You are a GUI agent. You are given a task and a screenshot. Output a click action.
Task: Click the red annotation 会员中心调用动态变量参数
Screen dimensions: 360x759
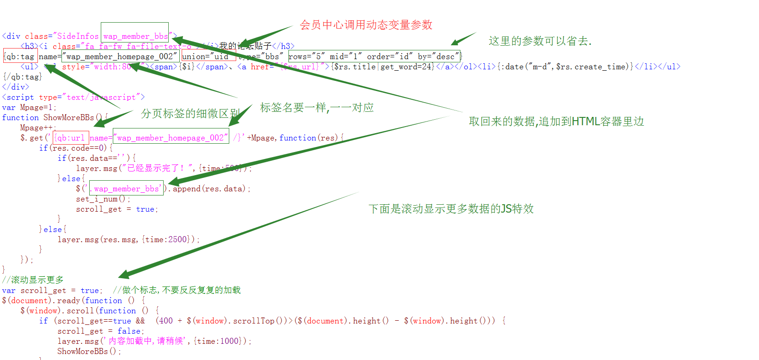[366, 25]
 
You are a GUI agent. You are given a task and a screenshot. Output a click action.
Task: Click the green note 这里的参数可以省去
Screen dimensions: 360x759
[540, 41]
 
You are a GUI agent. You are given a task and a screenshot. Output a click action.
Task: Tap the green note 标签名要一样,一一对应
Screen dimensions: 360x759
[317, 108]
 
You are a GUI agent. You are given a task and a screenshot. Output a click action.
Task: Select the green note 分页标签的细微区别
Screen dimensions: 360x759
[190, 114]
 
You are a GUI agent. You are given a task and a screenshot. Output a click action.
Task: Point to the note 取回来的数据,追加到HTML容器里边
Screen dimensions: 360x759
[556, 122]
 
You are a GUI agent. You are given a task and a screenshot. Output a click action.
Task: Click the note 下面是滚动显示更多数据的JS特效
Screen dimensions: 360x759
[451, 209]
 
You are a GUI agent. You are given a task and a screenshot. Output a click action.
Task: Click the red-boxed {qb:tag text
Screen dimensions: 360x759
[20, 56]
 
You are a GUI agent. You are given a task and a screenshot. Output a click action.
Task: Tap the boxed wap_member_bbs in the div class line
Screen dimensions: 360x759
[135, 36]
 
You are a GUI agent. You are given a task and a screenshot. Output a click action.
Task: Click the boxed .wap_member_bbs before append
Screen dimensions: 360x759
[126, 189]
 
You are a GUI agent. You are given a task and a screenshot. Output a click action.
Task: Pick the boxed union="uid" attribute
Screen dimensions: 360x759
[208, 56]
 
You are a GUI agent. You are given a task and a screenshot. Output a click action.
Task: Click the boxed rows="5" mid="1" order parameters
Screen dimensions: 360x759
[374, 56]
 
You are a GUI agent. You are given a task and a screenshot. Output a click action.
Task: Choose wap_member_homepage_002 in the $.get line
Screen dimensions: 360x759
[171, 138]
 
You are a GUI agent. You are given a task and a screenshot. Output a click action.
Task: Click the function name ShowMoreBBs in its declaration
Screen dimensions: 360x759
[68, 117]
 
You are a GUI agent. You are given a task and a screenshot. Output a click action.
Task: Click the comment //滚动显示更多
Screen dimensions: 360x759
[33, 280]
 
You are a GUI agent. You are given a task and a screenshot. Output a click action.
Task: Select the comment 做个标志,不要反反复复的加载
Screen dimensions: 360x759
[181, 290]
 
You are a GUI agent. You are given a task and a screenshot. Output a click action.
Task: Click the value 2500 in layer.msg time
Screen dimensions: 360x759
[178, 239]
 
